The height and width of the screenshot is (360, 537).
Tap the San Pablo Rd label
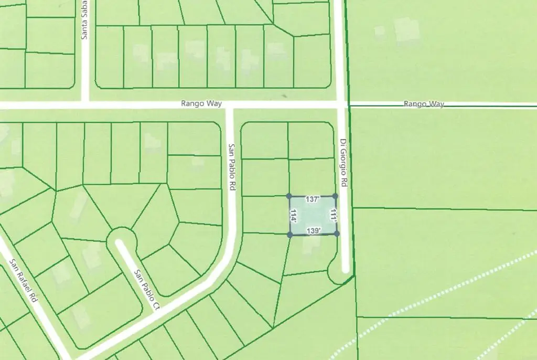231,167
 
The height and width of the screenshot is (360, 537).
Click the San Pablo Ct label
146,289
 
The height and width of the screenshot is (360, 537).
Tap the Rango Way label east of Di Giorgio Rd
424,104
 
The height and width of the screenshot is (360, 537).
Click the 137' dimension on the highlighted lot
313,199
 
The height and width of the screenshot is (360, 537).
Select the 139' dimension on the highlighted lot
314,231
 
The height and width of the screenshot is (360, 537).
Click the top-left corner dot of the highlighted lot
289,196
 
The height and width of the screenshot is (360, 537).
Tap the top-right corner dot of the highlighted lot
336,196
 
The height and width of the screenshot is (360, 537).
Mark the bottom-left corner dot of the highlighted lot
290,235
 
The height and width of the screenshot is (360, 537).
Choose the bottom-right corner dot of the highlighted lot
337,234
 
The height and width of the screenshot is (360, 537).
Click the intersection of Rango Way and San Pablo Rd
229,105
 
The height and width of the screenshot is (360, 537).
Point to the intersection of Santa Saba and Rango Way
85,105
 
